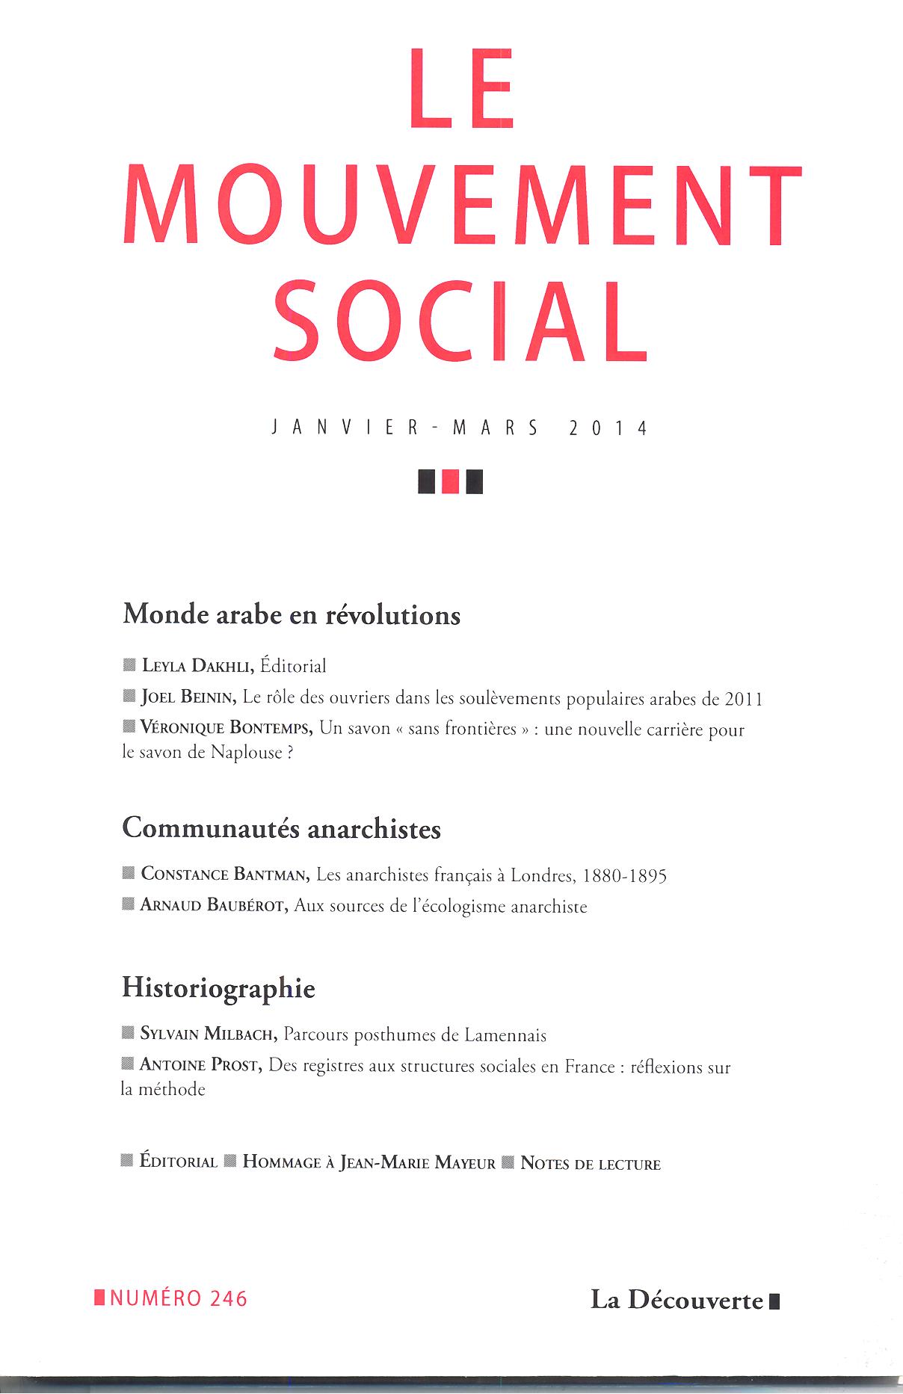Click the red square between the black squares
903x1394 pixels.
coord(451,481)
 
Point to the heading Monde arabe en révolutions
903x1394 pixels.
coord(292,615)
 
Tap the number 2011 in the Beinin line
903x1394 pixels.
coord(743,700)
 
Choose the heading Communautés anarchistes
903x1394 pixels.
coord(282,829)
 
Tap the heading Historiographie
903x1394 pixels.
coord(218,989)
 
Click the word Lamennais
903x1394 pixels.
coord(505,1035)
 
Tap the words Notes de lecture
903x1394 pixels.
coord(591,1164)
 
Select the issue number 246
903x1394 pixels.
coord(229,1299)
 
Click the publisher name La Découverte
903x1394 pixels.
coord(677,1301)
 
